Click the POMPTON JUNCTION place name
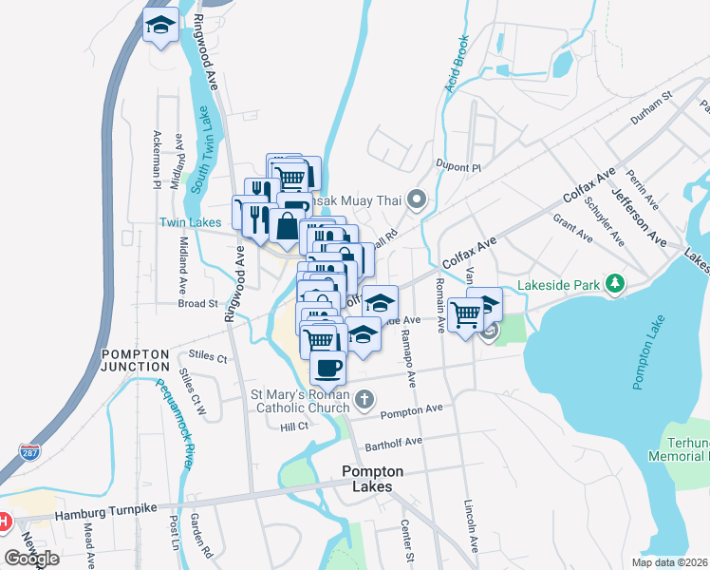pyautogui.click(x=136, y=360)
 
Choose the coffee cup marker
pyautogui.click(x=328, y=367)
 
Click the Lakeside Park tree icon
pyautogui.click(x=615, y=284)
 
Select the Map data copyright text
pyautogui.click(x=667, y=562)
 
